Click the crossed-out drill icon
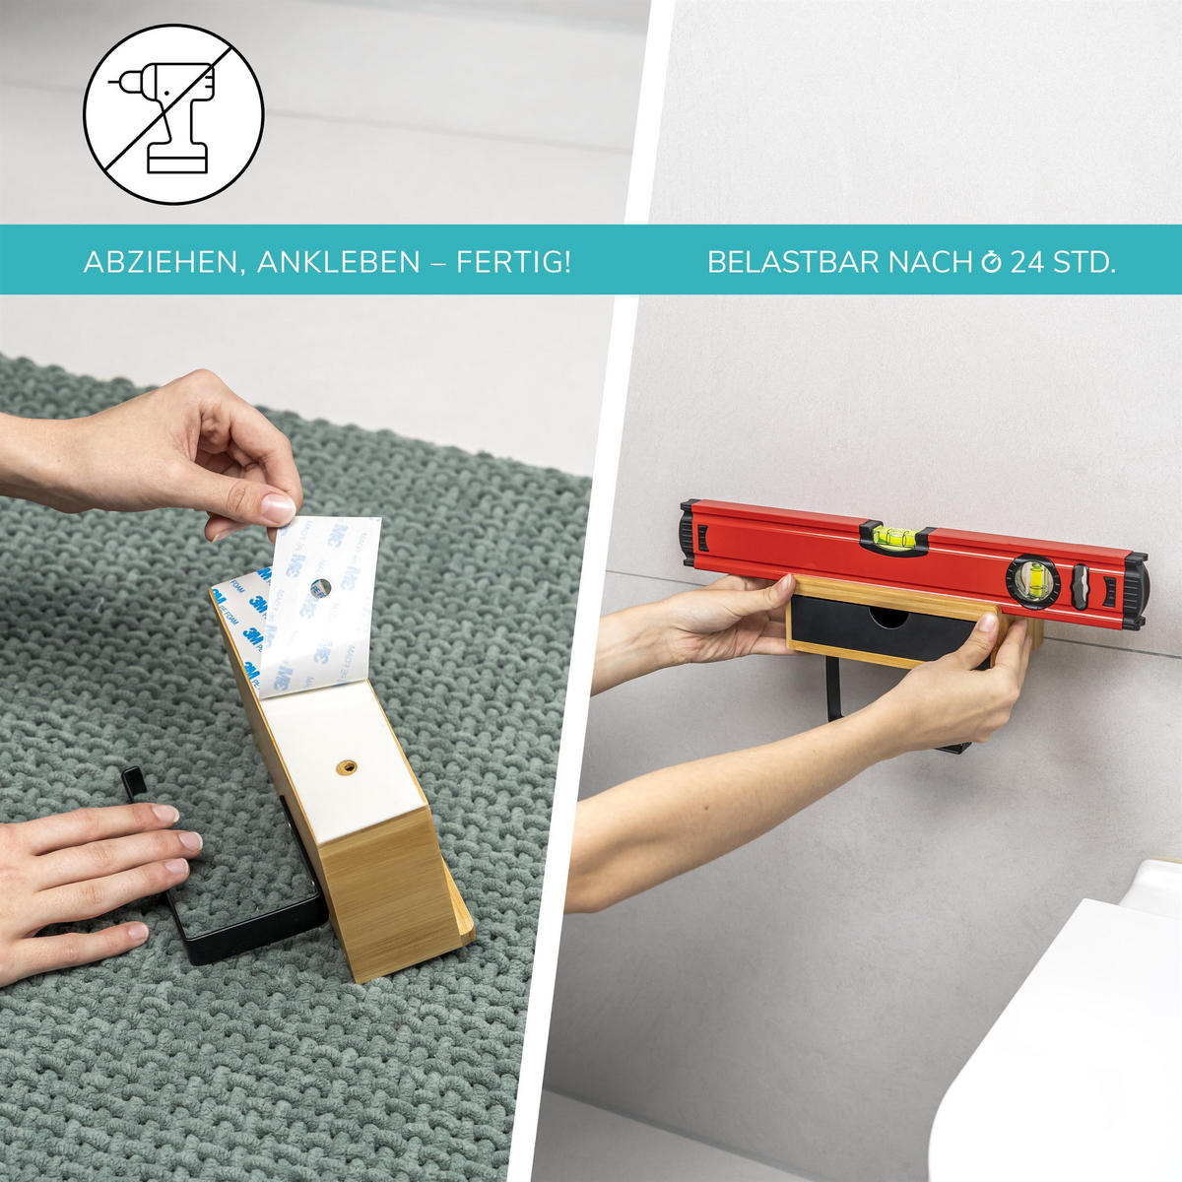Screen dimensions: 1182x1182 pos(173,114)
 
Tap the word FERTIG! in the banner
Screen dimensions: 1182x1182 pos(513,262)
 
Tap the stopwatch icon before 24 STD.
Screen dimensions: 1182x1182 pos(990,262)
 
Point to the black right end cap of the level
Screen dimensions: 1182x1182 pos(1135,592)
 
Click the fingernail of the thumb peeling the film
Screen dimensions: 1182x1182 pos(277,508)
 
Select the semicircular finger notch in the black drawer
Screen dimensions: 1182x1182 pos(889,617)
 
